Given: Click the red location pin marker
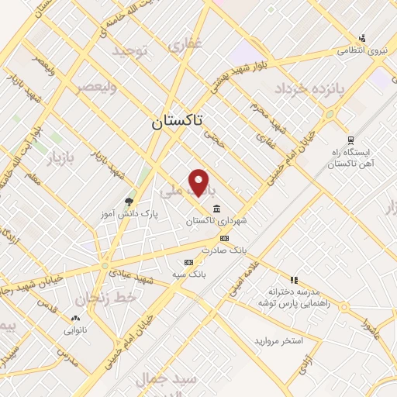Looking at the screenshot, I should (x=200, y=182).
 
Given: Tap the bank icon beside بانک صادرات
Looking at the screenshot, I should (x=224, y=239).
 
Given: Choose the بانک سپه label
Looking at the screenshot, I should (x=189, y=274).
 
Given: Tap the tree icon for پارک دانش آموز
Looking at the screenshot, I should (x=129, y=201).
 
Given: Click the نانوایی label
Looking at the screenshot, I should (x=75, y=330).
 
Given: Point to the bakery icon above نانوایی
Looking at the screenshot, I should (x=75, y=319).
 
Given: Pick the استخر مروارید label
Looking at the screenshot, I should (x=278, y=341).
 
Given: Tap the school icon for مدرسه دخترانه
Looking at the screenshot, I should (x=294, y=280).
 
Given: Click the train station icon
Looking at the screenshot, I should (x=351, y=140).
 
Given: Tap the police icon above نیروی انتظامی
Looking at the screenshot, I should (x=361, y=38).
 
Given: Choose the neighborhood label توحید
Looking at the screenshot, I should (x=129, y=51).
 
